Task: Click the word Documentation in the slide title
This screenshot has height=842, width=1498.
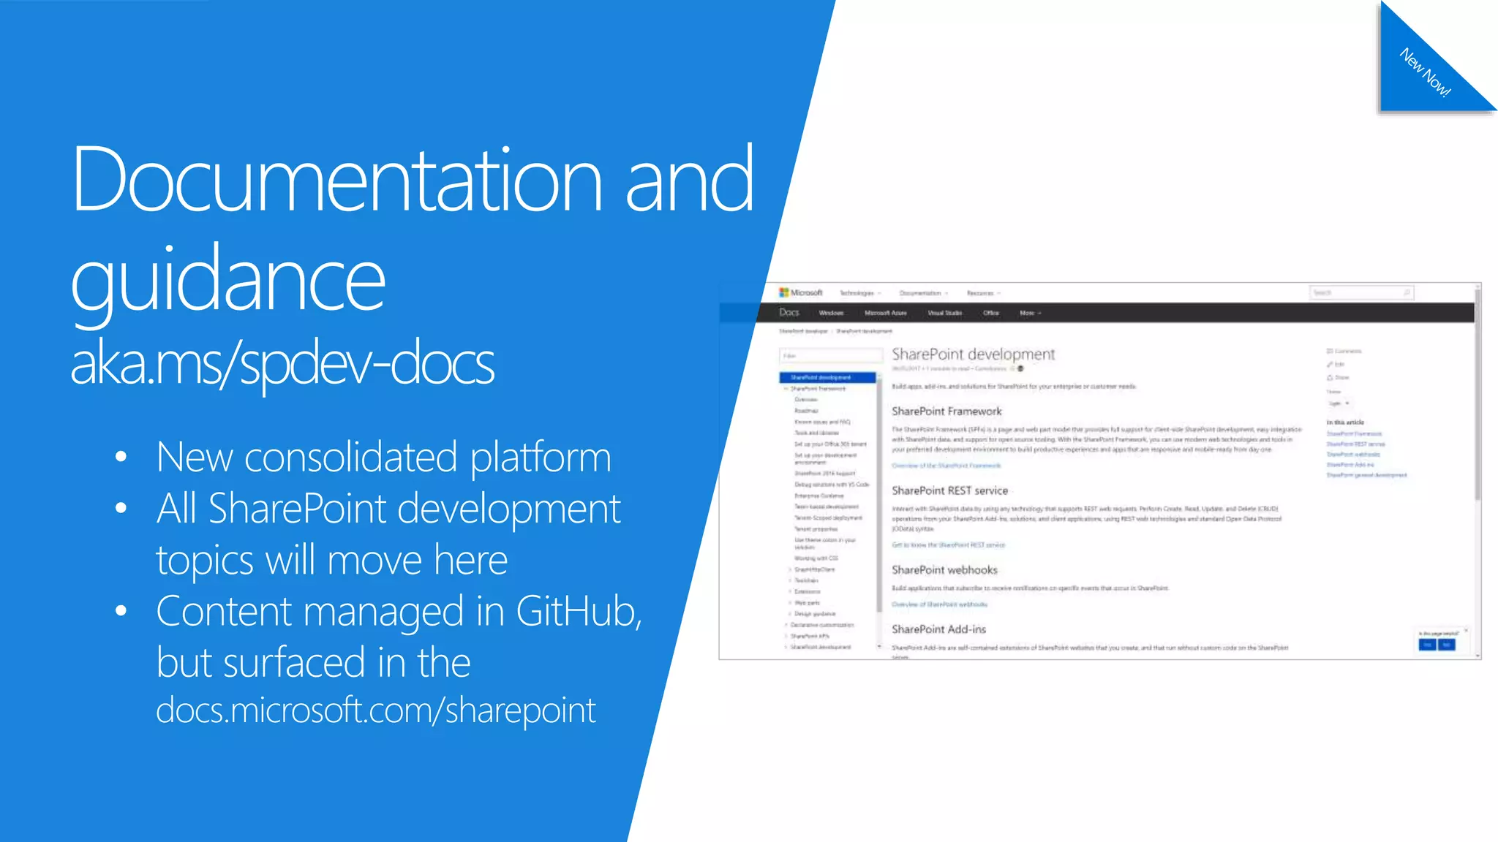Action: (336, 180)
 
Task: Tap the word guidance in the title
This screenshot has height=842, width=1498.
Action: (227, 280)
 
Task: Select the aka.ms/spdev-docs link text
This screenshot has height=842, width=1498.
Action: (282, 364)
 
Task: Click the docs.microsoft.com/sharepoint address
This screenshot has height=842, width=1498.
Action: (376, 710)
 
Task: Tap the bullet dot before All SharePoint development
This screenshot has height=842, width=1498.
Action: (121, 508)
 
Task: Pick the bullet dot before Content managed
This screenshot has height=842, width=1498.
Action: (121, 611)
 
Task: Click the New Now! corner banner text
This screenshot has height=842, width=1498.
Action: (1425, 72)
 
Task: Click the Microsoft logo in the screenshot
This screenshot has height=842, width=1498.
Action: (801, 292)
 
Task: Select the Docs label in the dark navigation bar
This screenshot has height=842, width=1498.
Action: (789, 313)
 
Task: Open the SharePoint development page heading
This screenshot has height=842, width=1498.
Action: (973, 354)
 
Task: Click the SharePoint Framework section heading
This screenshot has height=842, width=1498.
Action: (946, 411)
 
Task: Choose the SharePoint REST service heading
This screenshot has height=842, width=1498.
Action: (949, 490)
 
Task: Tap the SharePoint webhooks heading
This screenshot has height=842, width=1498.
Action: (944, 570)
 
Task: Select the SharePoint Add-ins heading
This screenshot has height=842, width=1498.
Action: (938, 629)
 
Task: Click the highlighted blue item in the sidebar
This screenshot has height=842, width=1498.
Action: (827, 378)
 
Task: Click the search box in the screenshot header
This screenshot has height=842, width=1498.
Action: (1360, 293)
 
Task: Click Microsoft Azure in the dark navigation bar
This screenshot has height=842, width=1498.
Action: (885, 313)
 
